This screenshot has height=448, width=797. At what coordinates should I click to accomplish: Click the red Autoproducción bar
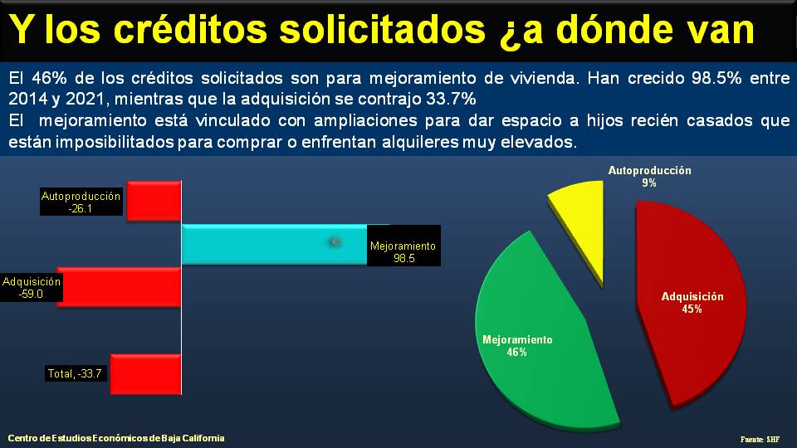pos(154,200)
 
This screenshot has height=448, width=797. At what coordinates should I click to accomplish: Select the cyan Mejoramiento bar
pos(274,244)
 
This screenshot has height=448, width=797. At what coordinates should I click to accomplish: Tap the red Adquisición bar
pos(120,287)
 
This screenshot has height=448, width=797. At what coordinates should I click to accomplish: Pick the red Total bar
pos(145,373)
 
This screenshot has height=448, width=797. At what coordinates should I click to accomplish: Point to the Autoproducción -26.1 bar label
pos(81,203)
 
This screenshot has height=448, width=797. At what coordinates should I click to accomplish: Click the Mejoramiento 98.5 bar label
pos(403,252)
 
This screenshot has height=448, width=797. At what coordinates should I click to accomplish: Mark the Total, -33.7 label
pos(76,374)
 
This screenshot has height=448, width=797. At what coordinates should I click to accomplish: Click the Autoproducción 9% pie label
pos(649,177)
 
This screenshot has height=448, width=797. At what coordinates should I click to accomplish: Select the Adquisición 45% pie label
pos(692,303)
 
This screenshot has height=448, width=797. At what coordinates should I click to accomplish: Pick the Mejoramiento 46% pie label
pos(516,346)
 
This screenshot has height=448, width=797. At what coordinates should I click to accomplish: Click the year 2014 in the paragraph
pos(26,99)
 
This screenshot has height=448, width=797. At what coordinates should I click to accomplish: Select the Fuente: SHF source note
pos(760,439)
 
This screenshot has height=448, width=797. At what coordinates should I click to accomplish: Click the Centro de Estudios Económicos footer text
pos(116,438)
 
